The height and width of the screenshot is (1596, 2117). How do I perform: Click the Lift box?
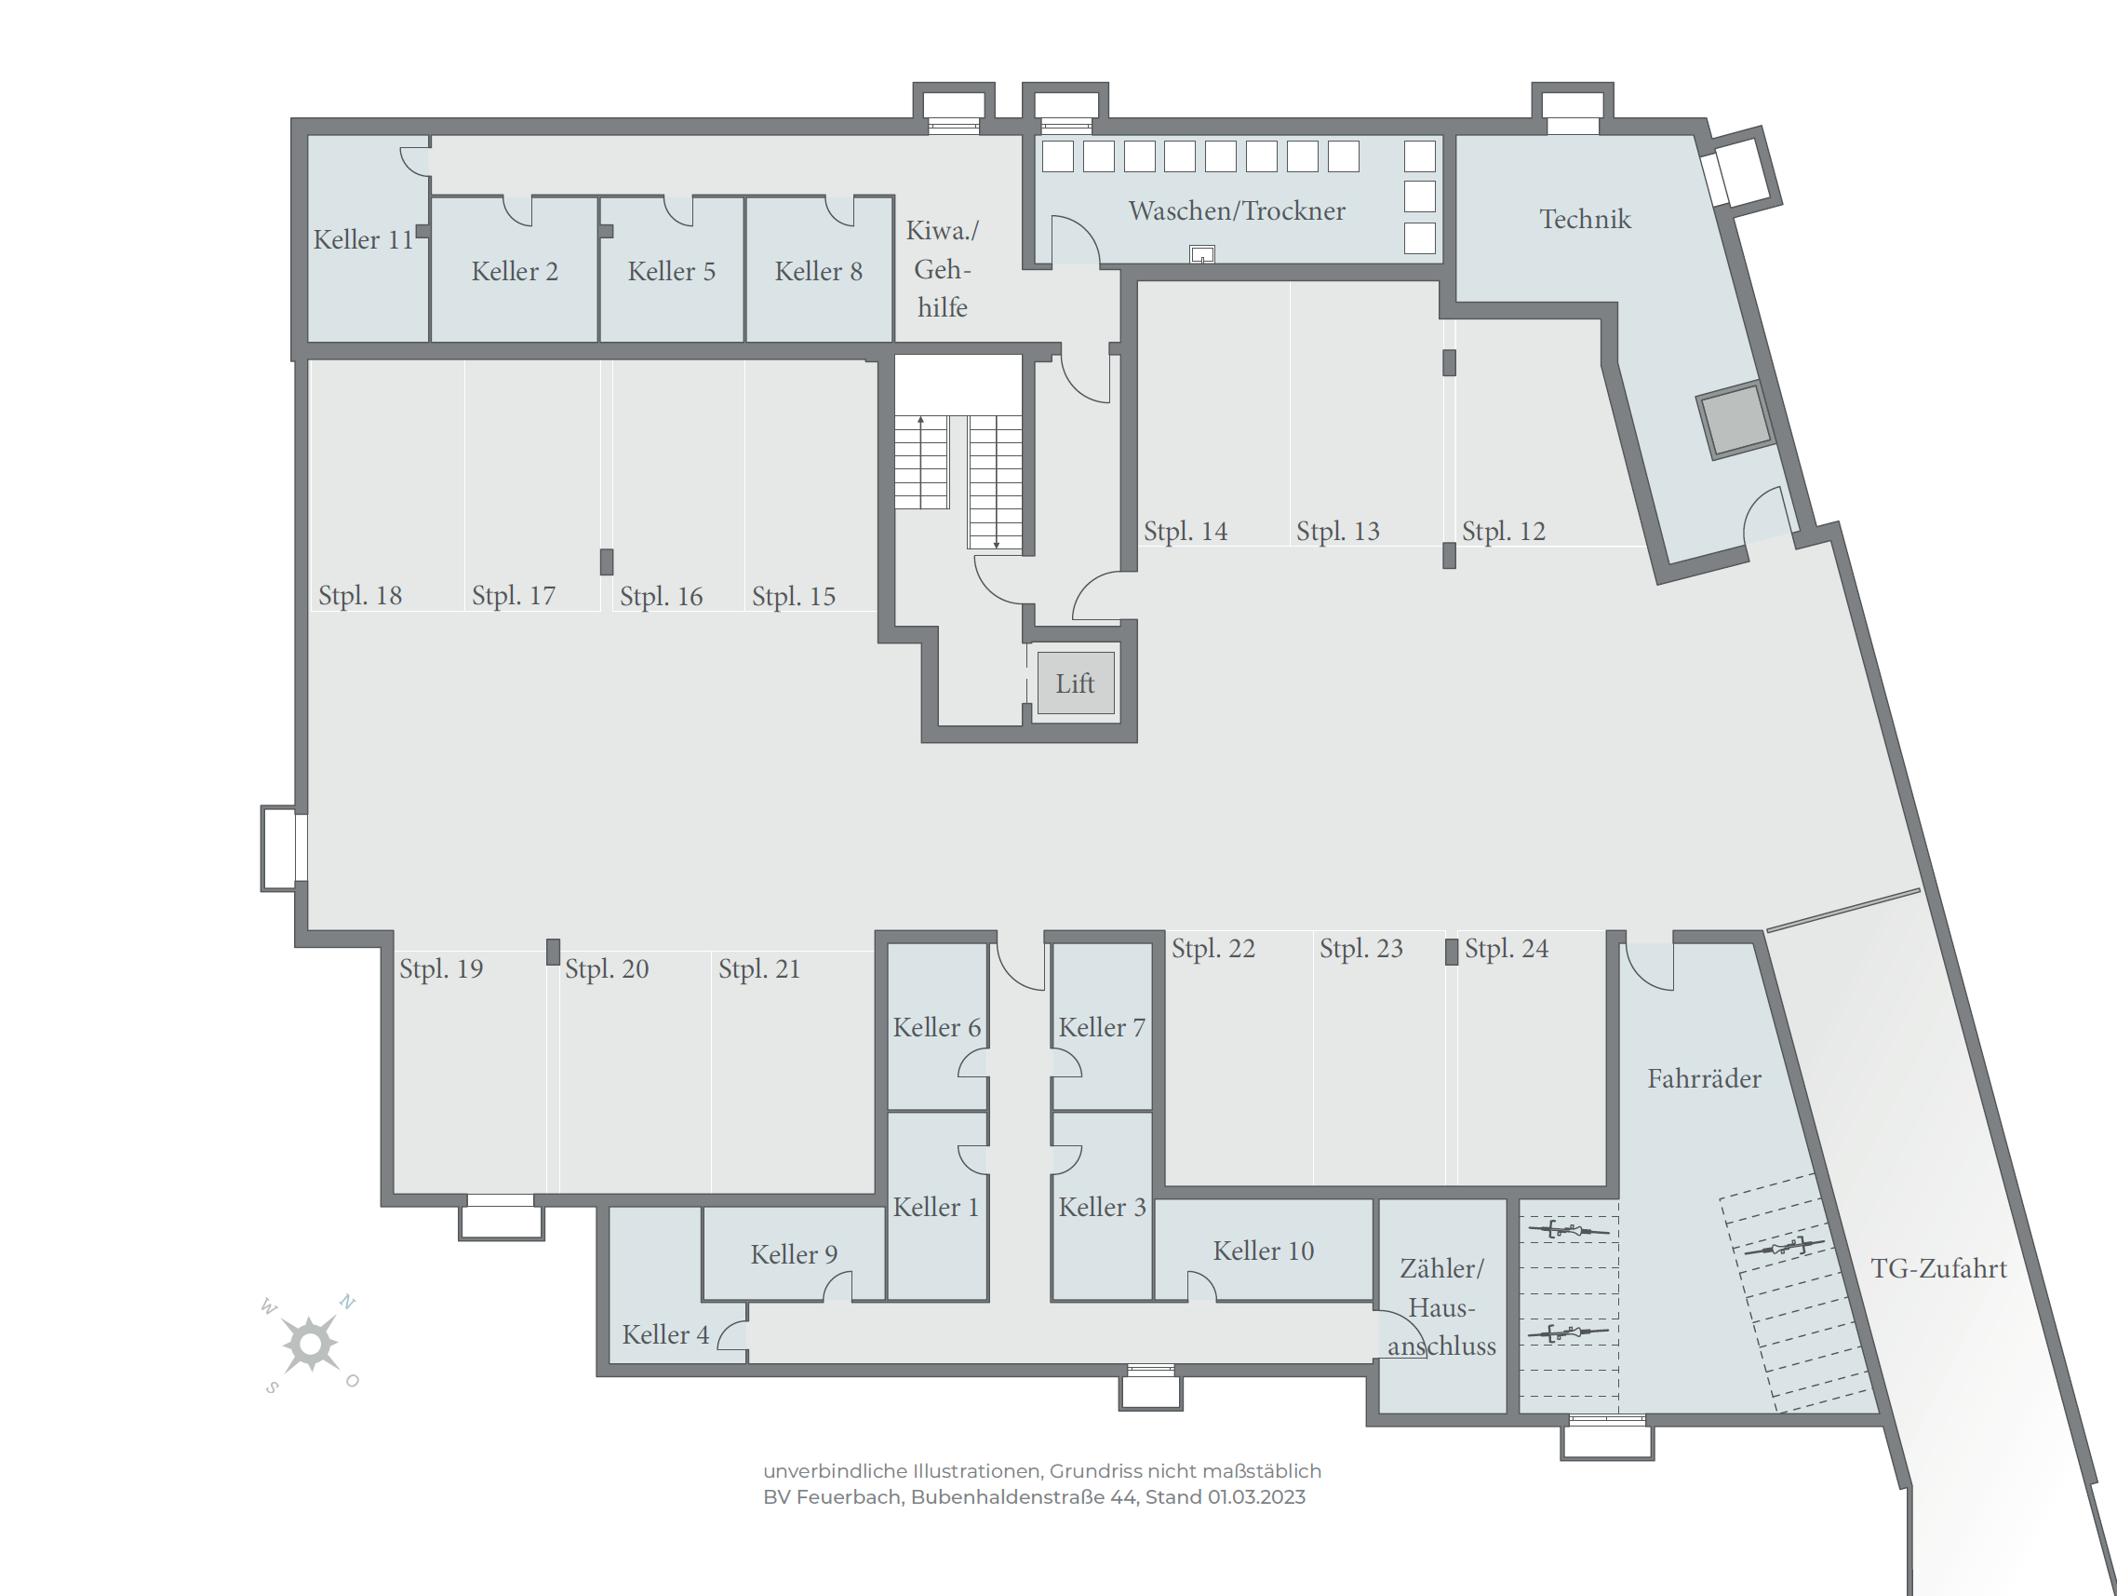click(1075, 683)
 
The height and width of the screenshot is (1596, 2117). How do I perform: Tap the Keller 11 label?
click(364, 239)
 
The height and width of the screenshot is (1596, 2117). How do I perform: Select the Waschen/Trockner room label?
click(1237, 210)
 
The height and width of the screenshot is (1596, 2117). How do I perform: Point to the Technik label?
click(1585, 219)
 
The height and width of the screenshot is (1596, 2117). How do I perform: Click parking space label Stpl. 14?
click(1186, 532)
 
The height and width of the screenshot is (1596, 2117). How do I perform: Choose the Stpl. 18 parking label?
click(360, 596)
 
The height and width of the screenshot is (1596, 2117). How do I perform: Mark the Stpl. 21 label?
click(759, 969)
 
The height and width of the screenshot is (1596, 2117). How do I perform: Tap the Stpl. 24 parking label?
click(1507, 949)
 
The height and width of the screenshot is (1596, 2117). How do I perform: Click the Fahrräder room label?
click(1704, 1079)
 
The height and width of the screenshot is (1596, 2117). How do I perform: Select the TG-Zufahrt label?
click(1938, 1268)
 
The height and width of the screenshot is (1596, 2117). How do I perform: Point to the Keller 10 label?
click(1264, 1251)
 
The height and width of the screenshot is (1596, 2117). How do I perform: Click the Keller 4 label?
click(666, 1334)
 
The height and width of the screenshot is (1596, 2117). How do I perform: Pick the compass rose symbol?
click(310, 1345)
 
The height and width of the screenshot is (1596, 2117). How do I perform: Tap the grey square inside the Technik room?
click(1736, 419)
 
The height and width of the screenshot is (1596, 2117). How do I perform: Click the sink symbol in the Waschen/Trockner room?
click(1202, 254)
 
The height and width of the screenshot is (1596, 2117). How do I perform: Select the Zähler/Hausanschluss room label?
click(1441, 1306)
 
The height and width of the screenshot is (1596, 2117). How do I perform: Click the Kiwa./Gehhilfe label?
click(943, 269)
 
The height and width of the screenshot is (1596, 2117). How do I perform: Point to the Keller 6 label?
click(937, 1027)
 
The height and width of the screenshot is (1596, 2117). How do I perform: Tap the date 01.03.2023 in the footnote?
click(1256, 1496)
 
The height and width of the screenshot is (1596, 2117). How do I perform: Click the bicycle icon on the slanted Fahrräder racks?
click(1783, 1247)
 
